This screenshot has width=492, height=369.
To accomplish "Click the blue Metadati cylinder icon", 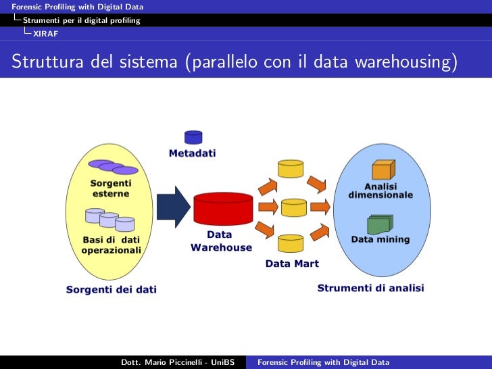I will [x=193, y=138].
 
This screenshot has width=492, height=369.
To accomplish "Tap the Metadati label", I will [x=193, y=153].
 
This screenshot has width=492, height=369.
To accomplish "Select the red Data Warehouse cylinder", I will [x=223, y=209].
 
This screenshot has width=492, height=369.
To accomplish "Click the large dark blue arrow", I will [x=173, y=207].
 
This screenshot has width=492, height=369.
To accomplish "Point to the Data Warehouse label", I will [x=220, y=241].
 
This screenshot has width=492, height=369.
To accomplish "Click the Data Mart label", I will [x=291, y=264].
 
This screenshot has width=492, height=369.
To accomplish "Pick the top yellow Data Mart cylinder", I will [x=291, y=168].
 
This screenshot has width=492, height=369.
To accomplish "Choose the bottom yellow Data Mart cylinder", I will [x=291, y=243].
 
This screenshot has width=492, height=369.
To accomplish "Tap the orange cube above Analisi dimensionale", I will [x=383, y=169].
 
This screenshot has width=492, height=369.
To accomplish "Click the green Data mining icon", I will [x=380, y=224].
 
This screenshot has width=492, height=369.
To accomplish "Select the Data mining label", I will [x=380, y=239].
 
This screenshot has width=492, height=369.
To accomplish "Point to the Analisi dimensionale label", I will [x=380, y=191].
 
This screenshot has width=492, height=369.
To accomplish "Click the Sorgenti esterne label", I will [x=111, y=188].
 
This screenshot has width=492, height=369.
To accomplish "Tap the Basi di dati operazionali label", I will [x=112, y=245].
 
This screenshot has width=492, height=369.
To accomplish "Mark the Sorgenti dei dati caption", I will [x=111, y=289].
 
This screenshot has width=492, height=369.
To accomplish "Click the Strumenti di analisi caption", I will [x=371, y=288].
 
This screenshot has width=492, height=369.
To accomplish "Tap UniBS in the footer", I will [x=222, y=363].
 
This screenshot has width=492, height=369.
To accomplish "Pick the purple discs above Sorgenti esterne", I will [x=113, y=167].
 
